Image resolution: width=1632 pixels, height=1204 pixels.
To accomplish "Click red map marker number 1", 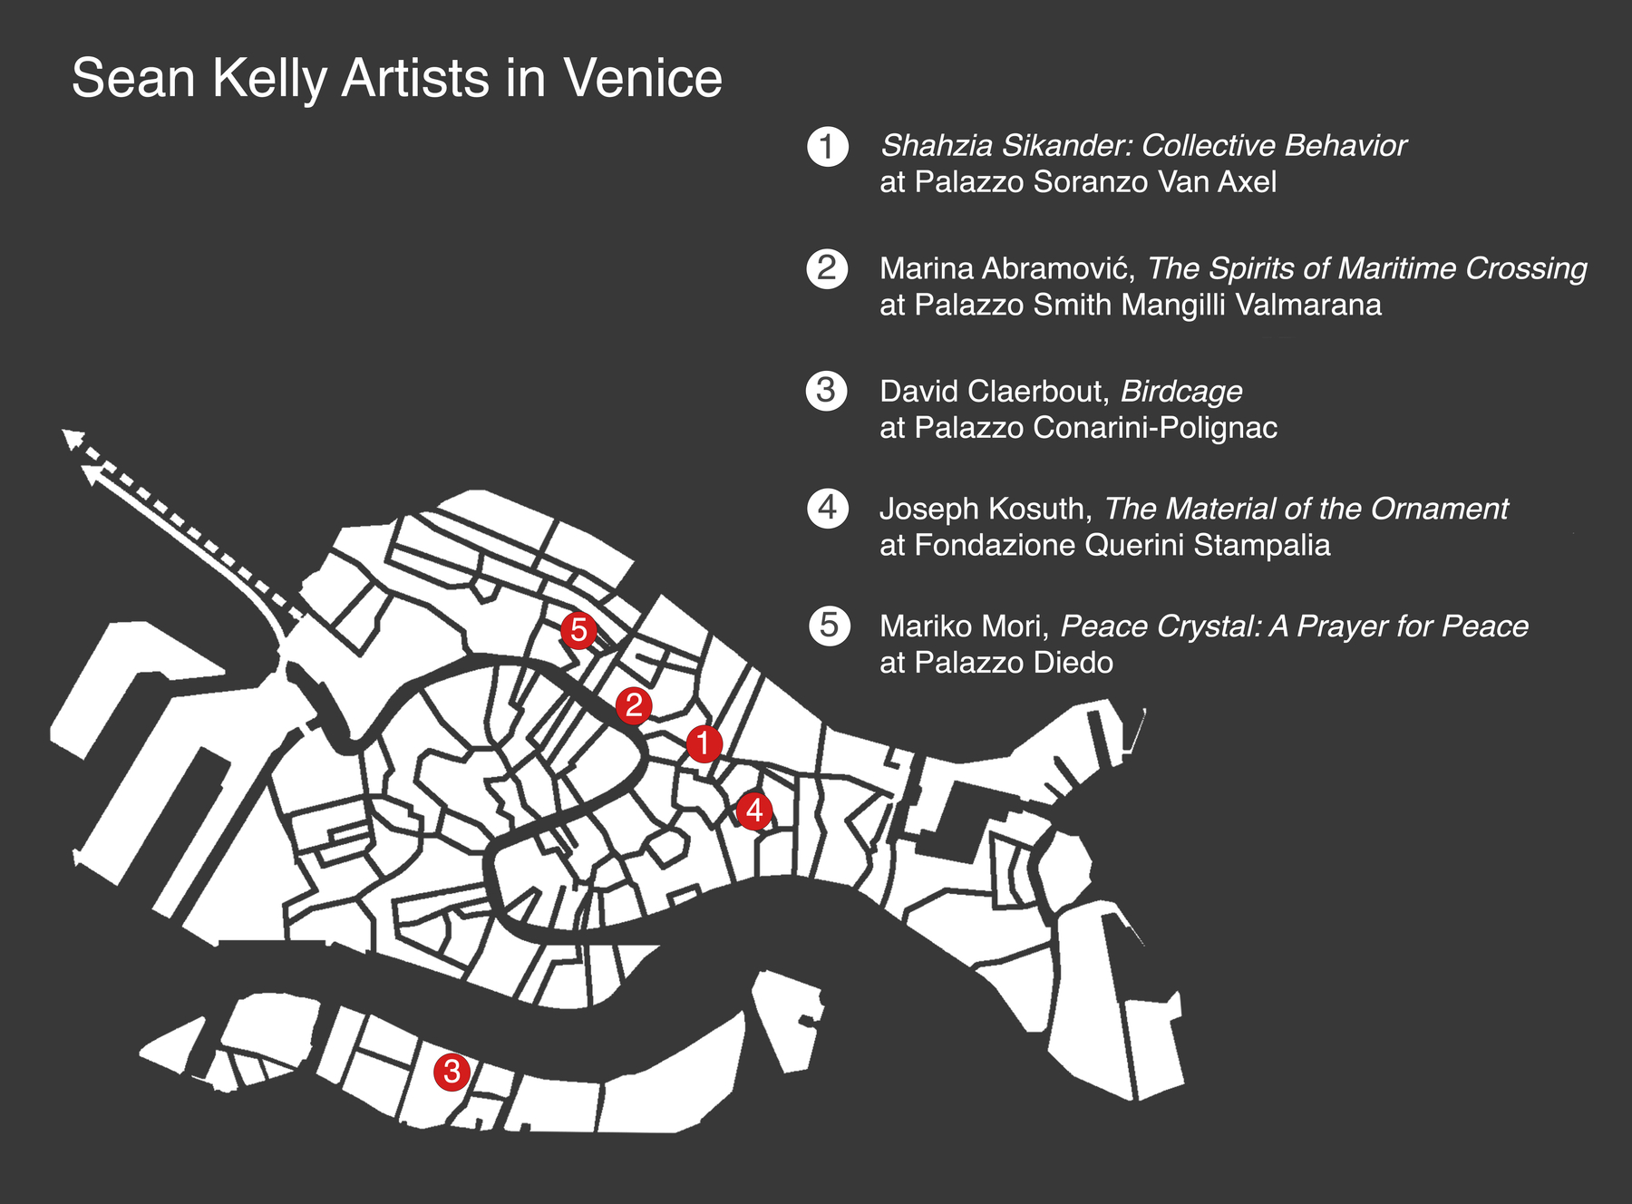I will pos(704,744).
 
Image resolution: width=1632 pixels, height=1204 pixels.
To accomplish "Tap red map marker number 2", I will pos(634,705).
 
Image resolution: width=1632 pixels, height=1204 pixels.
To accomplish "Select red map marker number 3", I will pos(452,1073).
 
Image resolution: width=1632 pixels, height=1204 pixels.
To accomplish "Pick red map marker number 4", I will pos(754,811).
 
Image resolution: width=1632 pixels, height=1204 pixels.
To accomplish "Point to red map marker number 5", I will pos(578,629).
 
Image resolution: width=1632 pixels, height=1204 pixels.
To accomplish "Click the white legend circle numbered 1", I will pos(827,147).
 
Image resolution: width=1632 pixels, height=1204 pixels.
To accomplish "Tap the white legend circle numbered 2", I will pos(827,269).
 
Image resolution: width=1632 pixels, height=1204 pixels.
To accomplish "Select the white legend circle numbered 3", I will pos(826,391).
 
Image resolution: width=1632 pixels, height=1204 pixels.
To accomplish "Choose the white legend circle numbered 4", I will pos(828,508).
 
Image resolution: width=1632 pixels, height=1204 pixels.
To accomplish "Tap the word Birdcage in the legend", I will pos(1180,392).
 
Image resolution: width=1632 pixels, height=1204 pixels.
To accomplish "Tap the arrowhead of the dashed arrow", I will pos(71,439).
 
